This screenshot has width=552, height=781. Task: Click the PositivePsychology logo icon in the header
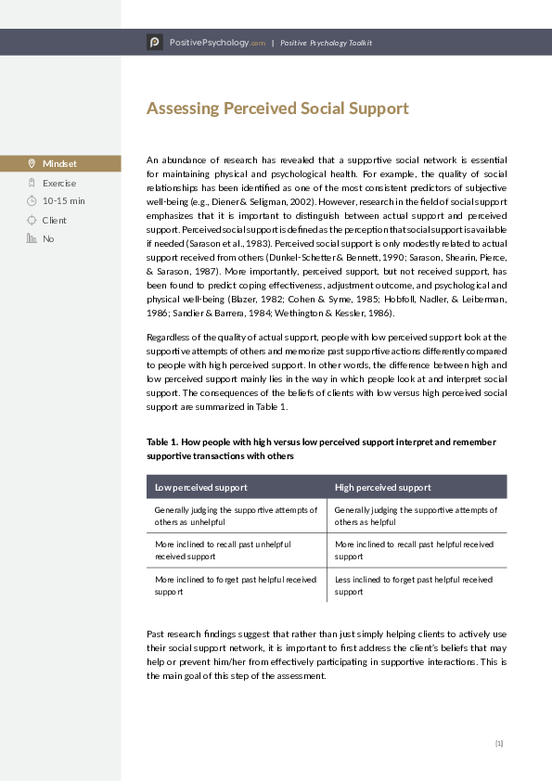point(154,43)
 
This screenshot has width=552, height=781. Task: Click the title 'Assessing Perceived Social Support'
point(277,109)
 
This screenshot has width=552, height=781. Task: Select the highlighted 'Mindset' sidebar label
point(59,164)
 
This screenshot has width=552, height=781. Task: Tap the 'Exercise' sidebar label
point(59,183)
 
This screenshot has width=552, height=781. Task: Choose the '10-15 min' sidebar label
point(63,201)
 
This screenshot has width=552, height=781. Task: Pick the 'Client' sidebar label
point(55,220)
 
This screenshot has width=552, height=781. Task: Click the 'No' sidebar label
point(48,238)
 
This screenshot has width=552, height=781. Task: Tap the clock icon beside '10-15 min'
point(32,201)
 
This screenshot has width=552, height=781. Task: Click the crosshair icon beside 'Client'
point(32,220)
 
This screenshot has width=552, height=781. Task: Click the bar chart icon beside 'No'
point(32,238)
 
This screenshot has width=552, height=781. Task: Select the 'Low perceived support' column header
point(200,487)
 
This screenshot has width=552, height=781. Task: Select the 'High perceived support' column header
point(382,487)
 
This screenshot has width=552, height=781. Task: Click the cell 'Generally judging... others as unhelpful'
point(236,516)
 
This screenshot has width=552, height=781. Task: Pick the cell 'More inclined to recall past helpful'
point(414,550)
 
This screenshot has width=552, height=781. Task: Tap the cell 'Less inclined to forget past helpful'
point(414,585)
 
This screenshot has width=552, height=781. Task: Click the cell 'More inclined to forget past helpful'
point(236,585)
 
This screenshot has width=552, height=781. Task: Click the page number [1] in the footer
point(498,743)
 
